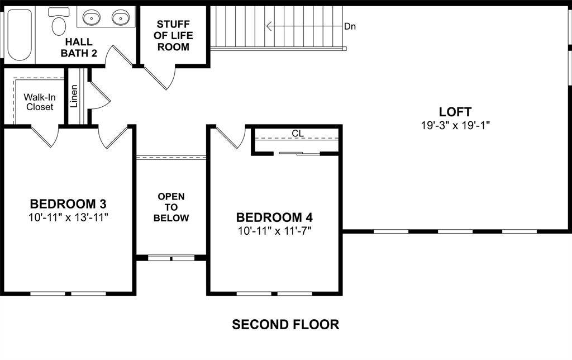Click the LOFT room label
pos(455,112)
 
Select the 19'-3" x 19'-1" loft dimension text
pos(455,125)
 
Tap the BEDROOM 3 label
pos(68,203)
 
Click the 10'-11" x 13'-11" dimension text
pos(68,217)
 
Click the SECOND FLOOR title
pos(285,324)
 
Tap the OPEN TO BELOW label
pos(171,207)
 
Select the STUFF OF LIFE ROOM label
pos(173,36)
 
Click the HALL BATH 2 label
pos(79,48)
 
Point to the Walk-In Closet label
pos(39,102)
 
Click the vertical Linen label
pos(74,96)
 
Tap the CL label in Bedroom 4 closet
pos(297,134)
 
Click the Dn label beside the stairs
pos(350,26)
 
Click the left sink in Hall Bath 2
pos(91,18)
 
